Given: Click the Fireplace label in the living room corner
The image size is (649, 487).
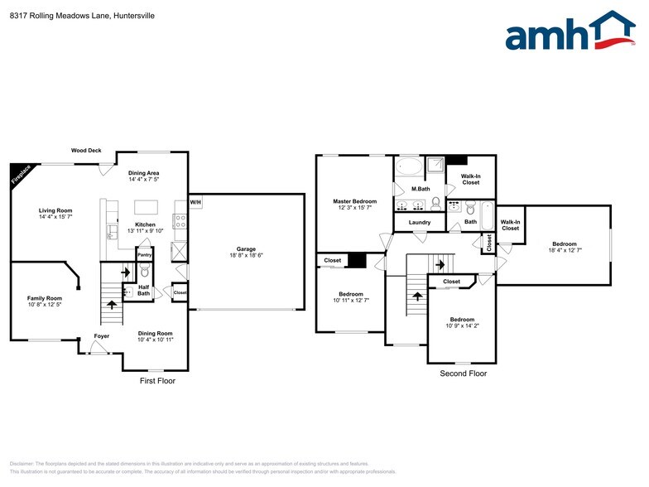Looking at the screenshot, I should click(x=21, y=174).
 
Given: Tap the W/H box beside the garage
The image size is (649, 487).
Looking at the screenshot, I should click(x=195, y=202).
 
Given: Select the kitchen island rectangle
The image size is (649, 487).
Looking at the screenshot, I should click(x=146, y=207).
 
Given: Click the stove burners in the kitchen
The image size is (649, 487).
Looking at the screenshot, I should click(x=179, y=220).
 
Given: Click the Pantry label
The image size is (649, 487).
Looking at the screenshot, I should click(x=144, y=255).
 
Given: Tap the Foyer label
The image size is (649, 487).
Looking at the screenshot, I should click(x=101, y=336).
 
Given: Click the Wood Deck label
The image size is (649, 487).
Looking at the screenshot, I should click(x=86, y=151).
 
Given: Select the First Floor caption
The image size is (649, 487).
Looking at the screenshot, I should click(x=156, y=381).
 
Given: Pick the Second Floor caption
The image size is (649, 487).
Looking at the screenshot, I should click(x=463, y=374).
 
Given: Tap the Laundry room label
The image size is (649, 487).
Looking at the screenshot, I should click(x=420, y=222).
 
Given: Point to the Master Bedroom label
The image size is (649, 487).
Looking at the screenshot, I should click(x=354, y=201).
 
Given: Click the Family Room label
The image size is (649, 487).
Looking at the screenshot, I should click(x=45, y=298).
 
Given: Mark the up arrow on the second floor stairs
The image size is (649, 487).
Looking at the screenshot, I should click(x=416, y=295).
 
